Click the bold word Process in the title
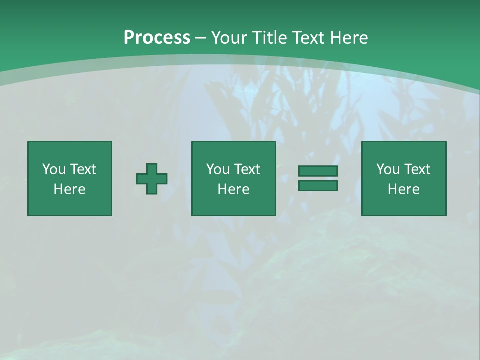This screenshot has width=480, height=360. pyautogui.click(x=157, y=38)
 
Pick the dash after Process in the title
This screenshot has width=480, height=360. pyautogui.click(x=201, y=38)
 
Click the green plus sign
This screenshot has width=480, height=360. pyautogui.click(x=152, y=179)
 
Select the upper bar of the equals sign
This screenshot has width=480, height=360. pyautogui.click(x=318, y=171)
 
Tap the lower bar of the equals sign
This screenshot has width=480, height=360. pyautogui.click(x=318, y=186)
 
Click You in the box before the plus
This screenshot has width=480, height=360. pyautogui.click(x=54, y=169)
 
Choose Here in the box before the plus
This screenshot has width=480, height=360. pyautogui.click(x=69, y=189)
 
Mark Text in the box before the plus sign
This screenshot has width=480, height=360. pyautogui.click(x=82, y=169)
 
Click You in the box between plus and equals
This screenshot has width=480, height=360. pyautogui.click(x=218, y=169)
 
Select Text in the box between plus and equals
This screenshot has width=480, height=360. pyautogui.click(x=246, y=169)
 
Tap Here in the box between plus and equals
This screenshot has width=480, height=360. pyautogui.click(x=233, y=189)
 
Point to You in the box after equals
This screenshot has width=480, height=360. pyautogui.click(x=388, y=169)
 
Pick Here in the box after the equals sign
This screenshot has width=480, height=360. pyautogui.click(x=403, y=189)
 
